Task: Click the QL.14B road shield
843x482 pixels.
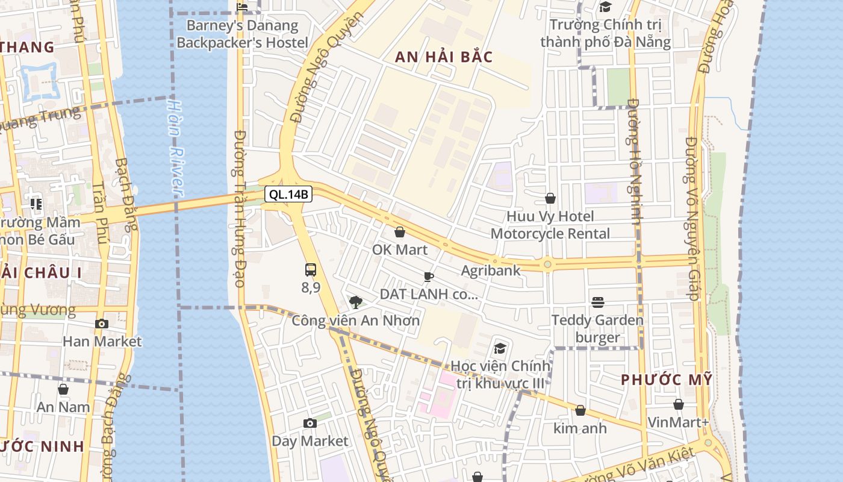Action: coord(288,194)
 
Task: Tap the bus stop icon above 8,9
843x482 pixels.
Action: coord(311,270)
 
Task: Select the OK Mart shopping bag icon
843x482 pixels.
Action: coord(400,232)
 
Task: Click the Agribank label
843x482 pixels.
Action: coord(490,271)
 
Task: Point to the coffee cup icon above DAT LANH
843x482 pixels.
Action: coord(428,277)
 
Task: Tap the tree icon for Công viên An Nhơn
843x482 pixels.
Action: coord(356,302)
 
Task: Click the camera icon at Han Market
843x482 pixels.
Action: coord(101,324)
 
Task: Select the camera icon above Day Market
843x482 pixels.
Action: coord(310,424)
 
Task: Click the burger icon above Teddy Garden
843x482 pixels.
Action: coord(598,302)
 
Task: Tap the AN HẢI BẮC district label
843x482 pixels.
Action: coord(444,57)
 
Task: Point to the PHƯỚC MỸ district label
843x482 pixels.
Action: coord(667,380)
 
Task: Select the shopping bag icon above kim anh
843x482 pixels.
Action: coord(580,410)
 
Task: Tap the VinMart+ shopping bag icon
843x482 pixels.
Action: coord(679,404)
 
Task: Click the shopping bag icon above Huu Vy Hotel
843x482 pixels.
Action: coord(550,198)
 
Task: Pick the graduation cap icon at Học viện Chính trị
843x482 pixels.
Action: coord(500,348)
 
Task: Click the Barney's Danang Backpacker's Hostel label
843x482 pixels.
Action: coord(242,34)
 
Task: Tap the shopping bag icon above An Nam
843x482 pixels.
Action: coord(63,389)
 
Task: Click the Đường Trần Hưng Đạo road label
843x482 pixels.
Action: coord(239,208)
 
